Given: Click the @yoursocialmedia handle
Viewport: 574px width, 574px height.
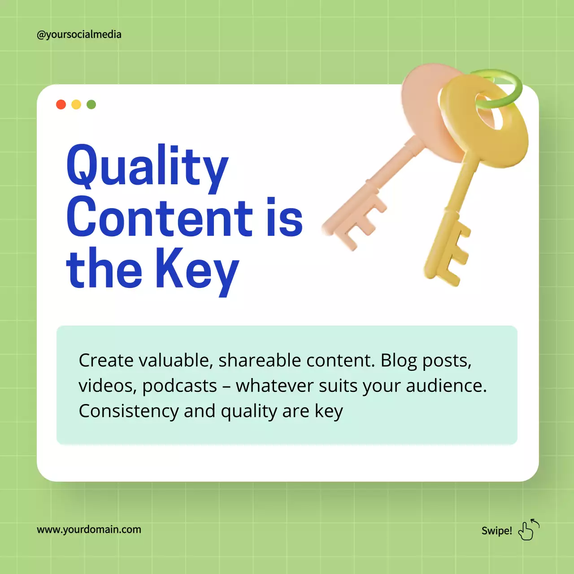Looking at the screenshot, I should (x=79, y=35).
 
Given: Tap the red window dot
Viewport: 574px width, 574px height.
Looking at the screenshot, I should (x=61, y=104).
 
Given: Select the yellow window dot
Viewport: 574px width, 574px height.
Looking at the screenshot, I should (x=76, y=104).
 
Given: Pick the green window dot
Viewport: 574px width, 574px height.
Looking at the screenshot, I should (x=91, y=104).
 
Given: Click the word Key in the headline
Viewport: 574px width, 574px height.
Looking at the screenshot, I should (x=197, y=269).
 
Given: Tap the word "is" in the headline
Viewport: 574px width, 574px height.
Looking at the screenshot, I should (x=284, y=217).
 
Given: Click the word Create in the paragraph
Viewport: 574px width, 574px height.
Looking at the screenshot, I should (x=106, y=361).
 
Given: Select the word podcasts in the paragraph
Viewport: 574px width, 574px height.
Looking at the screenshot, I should (x=179, y=386).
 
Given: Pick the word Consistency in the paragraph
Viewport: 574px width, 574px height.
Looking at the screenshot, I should (x=128, y=411).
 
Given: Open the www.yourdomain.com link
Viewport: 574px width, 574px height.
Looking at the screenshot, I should (x=89, y=530).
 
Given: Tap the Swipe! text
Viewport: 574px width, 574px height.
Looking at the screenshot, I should (x=496, y=531).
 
